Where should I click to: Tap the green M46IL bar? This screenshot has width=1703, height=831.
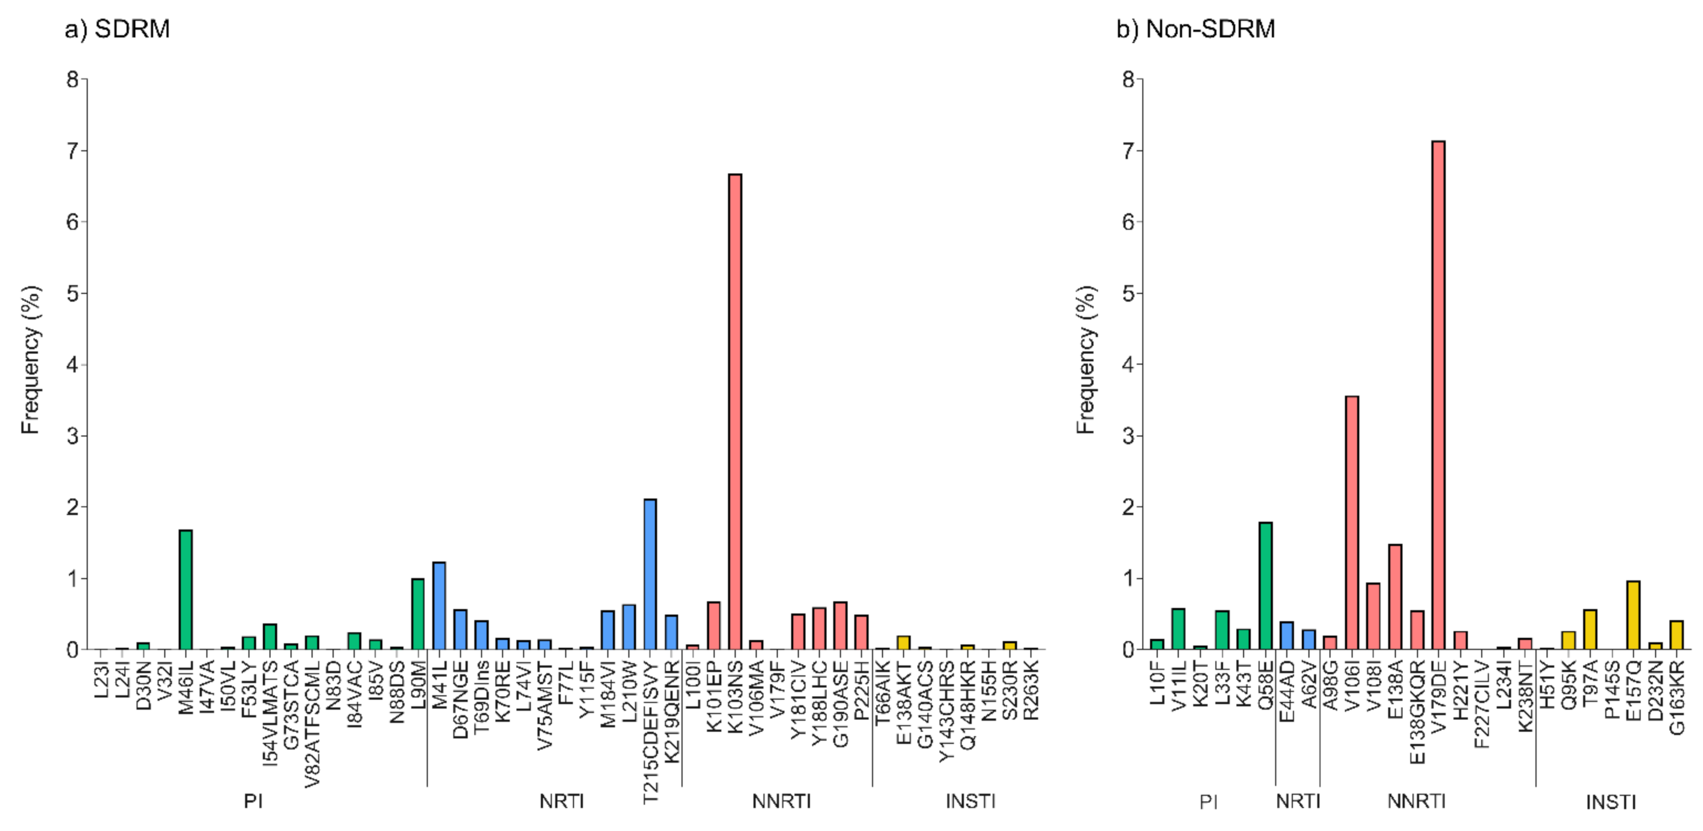point(186,589)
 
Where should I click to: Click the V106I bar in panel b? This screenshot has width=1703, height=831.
point(1352,522)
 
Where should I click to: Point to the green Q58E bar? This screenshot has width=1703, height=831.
point(1265,585)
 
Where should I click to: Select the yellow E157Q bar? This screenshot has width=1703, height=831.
point(1633,615)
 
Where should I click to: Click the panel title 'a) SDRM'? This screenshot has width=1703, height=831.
point(118,29)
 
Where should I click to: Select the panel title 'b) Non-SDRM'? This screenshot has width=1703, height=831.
point(1195,29)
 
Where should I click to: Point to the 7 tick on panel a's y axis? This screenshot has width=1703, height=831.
point(73,151)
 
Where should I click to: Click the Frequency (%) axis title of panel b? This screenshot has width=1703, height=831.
point(1086,360)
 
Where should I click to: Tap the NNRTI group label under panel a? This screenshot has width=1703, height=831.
point(781,801)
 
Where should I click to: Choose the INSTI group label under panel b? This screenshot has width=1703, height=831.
point(1611,802)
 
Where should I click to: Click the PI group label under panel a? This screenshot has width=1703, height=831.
point(253,801)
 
